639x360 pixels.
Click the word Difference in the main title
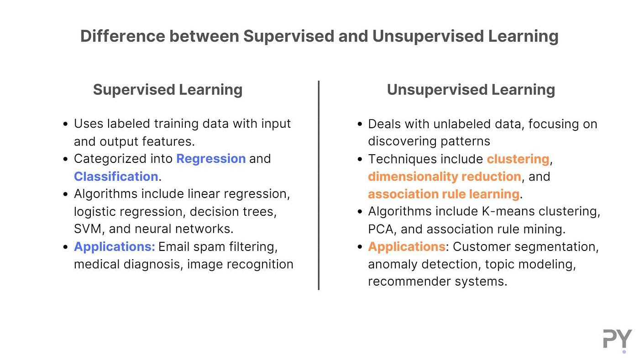(x=123, y=36)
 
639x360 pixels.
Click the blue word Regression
(x=211, y=159)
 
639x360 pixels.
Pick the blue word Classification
(x=116, y=176)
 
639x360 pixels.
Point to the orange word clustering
(x=518, y=159)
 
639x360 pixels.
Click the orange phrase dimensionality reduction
(x=445, y=177)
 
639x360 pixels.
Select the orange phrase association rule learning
(x=444, y=194)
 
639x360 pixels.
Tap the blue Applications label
(x=115, y=247)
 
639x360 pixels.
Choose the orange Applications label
(x=407, y=247)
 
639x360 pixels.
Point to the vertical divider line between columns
(x=319, y=185)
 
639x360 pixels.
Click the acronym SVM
(x=88, y=229)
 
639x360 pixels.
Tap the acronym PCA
(x=381, y=230)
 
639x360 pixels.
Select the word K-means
(x=508, y=212)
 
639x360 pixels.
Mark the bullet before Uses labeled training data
(x=66, y=124)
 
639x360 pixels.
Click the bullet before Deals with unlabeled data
(x=360, y=124)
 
